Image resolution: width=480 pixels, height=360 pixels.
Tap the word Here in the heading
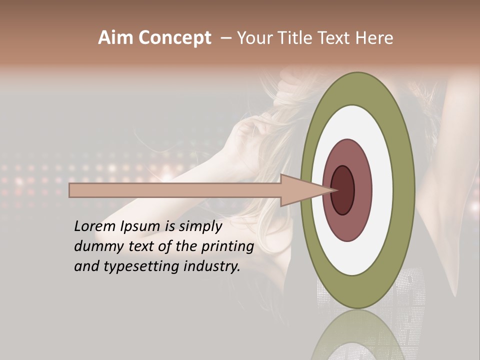coord(374,38)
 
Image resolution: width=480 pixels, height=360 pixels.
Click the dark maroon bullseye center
coord(343,190)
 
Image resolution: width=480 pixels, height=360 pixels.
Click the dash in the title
coord(225,38)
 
